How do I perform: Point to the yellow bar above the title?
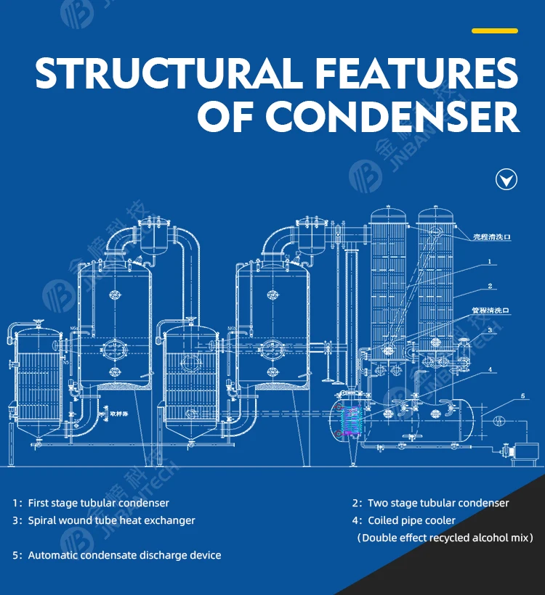(x=494, y=31)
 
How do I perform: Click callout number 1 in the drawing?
(x=490, y=261)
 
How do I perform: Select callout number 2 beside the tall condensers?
(x=490, y=286)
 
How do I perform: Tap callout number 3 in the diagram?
(x=490, y=330)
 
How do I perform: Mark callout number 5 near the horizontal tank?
(x=522, y=396)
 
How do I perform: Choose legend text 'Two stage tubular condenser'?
(x=438, y=503)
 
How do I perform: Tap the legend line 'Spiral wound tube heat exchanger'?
(x=111, y=520)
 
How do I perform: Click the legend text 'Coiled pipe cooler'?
(x=411, y=520)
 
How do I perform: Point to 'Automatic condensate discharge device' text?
(x=124, y=555)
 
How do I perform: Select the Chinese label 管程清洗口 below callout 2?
(x=490, y=310)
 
